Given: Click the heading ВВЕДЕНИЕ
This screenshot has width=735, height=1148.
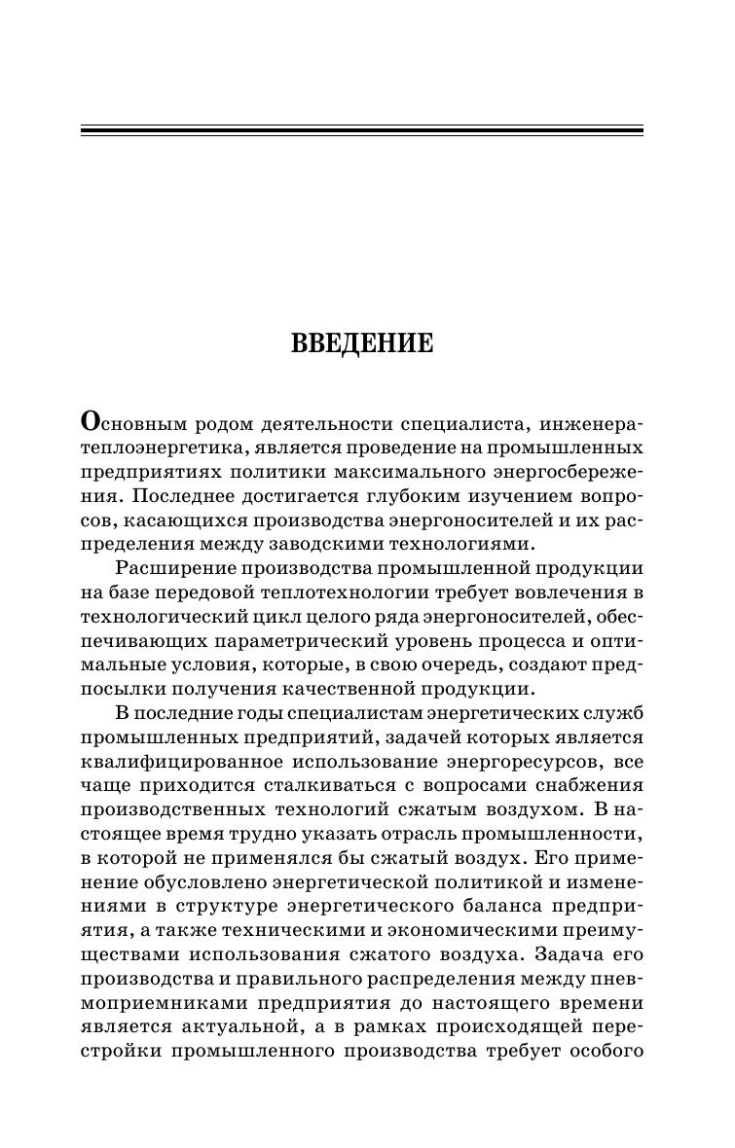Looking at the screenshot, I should pos(363,343).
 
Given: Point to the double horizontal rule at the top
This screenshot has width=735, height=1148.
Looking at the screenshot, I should pos(361,129).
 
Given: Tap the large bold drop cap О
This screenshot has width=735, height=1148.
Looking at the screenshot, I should pos(91,421).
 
